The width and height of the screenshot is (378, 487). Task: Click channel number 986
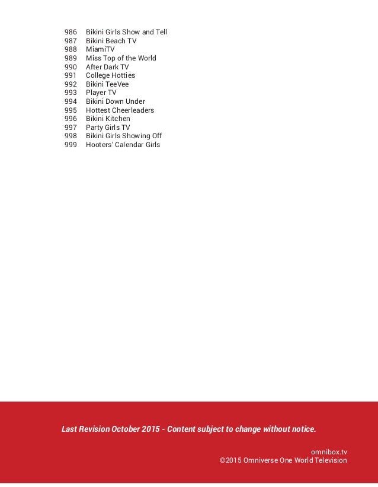71,32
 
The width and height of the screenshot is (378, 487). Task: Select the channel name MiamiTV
100,49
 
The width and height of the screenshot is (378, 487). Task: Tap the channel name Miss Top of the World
121,58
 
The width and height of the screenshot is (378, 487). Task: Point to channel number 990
71,67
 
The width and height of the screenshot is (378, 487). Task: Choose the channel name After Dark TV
107,67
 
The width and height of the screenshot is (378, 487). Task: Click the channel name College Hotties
110,75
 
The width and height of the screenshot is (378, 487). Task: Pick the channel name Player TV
101,93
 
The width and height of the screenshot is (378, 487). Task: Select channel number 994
71,101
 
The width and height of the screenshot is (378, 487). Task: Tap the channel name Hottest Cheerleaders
120,110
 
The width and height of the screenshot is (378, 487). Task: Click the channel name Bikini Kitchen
108,119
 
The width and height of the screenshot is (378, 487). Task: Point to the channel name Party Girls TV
108,128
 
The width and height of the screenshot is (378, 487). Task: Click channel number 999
71,145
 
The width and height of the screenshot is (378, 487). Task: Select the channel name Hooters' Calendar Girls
123,145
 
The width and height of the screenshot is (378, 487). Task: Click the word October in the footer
124,429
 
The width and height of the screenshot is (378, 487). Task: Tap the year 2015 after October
150,429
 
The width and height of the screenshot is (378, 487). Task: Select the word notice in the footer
302,429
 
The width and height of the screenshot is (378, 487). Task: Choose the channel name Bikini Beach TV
111,41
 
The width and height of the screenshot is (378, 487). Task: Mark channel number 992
71,84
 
